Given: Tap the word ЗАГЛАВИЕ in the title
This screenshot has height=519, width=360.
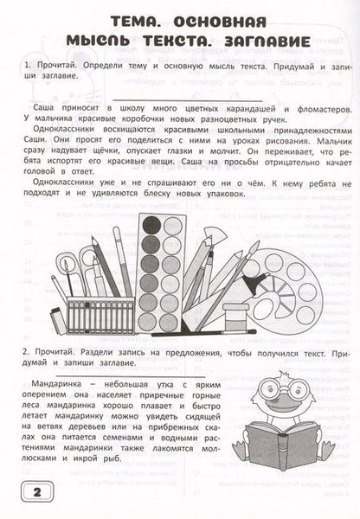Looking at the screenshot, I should click(245, 42).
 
